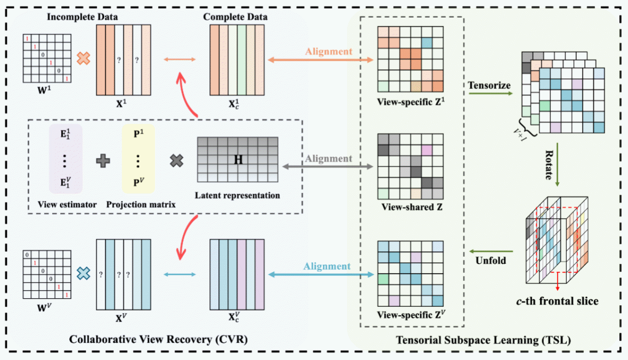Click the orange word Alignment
pyautogui.click(x=329, y=52)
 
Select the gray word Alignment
pyautogui.click(x=329, y=158)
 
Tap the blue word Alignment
pyautogui.click(x=327, y=266)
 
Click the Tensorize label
pyautogui.click(x=489, y=85)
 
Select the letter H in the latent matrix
pyautogui.click(x=237, y=159)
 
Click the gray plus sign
pyautogui.click(x=103, y=160)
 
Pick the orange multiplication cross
pyautogui.click(x=83, y=58)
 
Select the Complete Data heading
pyautogui.click(x=235, y=17)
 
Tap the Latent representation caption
pyautogui.click(x=238, y=195)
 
